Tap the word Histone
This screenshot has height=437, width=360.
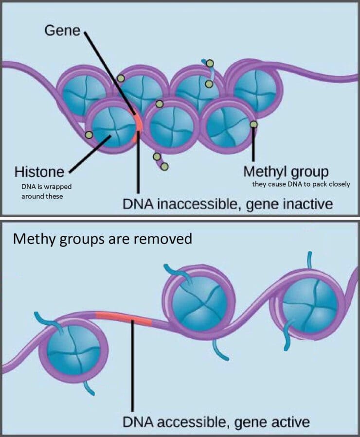click(x=39, y=172)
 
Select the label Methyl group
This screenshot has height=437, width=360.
click(x=286, y=173)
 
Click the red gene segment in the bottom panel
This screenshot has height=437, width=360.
click(x=124, y=318)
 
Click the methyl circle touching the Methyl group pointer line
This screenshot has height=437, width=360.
click(x=253, y=124)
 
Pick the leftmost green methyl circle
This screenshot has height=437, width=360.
click(x=89, y=135)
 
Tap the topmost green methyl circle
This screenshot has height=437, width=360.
click(x=211, y=63)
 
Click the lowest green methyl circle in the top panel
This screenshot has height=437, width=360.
click(x=164, y=167)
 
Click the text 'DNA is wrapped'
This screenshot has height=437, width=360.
click(x=46, y=187)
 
